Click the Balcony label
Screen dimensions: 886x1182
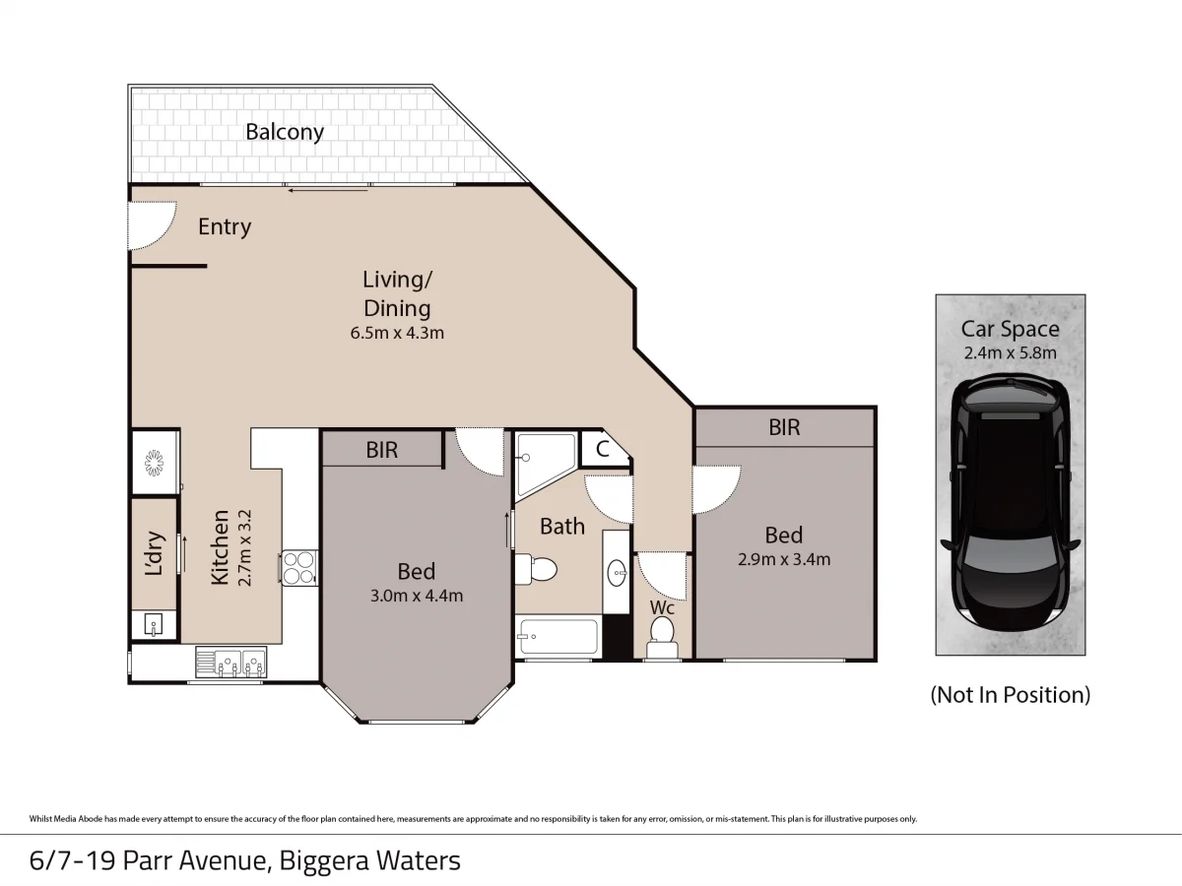[285, 132]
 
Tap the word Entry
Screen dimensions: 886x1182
[225, 226]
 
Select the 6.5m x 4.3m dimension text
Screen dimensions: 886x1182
[397, 333]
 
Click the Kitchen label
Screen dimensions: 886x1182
[220, 546]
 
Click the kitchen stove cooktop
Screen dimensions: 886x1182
[297, 566]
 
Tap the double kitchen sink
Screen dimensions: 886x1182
[230, 663]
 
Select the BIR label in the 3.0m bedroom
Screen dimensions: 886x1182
[382, 450]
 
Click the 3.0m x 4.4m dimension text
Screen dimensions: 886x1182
[416, 595]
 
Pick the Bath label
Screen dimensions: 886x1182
[562, 527]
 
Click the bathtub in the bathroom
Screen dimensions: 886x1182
[557, 638]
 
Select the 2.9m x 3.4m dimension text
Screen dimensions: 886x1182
[784, 559]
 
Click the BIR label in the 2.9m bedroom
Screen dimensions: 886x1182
[784, 427]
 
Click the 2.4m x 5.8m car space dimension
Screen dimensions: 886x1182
[1010, 353]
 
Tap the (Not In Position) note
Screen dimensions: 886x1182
[1010, 695]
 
